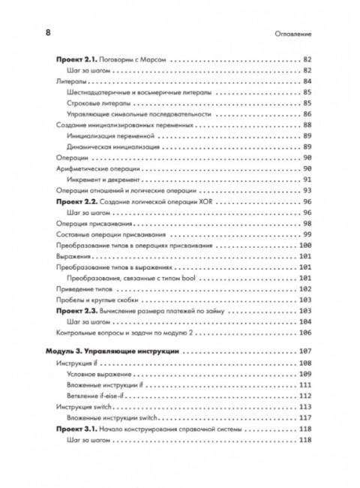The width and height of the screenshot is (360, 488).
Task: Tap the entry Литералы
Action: [x=71, y=81]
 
